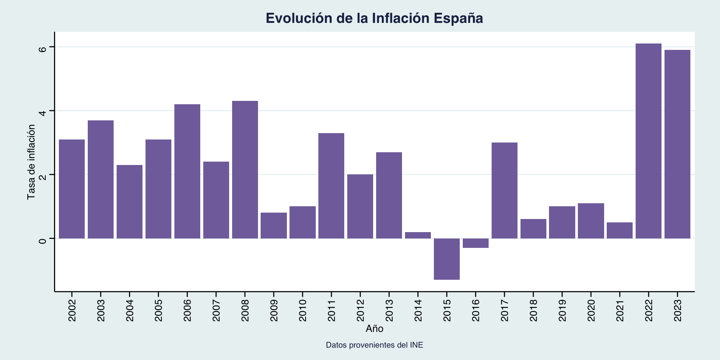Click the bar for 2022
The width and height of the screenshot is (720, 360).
pos(648,141)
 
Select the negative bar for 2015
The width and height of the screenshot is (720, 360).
pos(447,259)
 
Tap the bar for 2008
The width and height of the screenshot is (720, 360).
pos(245,169)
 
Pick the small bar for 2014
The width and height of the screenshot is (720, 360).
pos(418,235)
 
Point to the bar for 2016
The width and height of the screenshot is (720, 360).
pos(475,243)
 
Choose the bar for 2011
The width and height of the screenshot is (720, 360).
pos(331,186)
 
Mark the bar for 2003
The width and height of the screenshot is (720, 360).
pos(100,179)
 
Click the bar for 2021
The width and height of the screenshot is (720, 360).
pos(619,230)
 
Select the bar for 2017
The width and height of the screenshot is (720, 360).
pos(504,190)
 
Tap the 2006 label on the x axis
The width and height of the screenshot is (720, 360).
pos(187,310)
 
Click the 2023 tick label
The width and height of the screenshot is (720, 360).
pos(678,310)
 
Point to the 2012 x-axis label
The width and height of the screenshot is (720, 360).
pos(360,310)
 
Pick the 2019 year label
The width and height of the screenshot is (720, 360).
pos(562,310)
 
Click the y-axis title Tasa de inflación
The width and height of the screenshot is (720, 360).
pos(31,162)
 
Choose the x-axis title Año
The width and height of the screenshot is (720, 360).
pos(374,329)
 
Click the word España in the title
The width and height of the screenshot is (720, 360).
pos(458,18)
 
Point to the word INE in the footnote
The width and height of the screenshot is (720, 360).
pos(416,345)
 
